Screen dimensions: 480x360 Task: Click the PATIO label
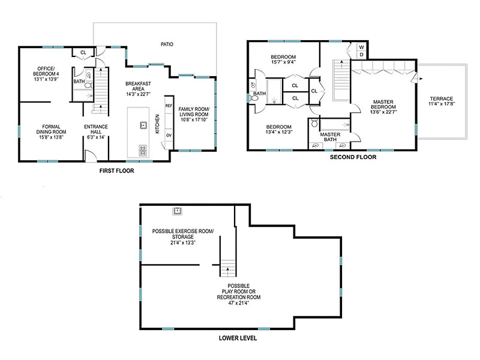pyautogui.click(x=167, y=44)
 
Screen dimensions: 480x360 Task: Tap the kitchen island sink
pyautogui.click(x=143, y=125)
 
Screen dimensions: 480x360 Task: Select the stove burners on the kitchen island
pyautogui.click(x=143, y=150)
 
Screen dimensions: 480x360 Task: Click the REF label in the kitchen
pyautogui.click(x=169, y=106)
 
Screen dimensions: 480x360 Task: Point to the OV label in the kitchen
pyautogui.click(x=169, y=135)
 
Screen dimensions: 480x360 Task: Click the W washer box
pyautogui.click(x=362, y=47)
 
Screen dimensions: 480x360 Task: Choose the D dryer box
pyautogui.click(x=362, y=55)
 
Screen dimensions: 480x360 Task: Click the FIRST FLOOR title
pyautogui.click(x=116, y=171)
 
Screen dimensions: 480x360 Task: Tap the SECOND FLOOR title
pyautogui.click(x=353, y=157)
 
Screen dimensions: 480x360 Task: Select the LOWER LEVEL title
pyautogui.click(x=238, y=338)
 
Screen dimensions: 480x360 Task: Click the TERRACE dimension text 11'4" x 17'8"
pyautogui.click(x=442, y=104)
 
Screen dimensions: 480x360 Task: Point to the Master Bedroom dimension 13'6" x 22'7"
pyautogui.click(x=383, y=112)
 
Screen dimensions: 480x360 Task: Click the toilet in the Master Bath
pyautogui.click(x=314, y=123)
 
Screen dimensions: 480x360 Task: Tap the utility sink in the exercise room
pyautogui.click(x=177, y=211)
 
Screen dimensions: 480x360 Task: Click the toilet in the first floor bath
pyautogui.click(x=88, y=85)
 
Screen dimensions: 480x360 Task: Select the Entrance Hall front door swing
pyautogui.click(x=91, y=155)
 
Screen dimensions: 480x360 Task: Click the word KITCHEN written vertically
pyautogui.click(x=157, y=124)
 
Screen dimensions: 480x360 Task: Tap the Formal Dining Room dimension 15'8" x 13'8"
pyautogui.click(x=51, y=137)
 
